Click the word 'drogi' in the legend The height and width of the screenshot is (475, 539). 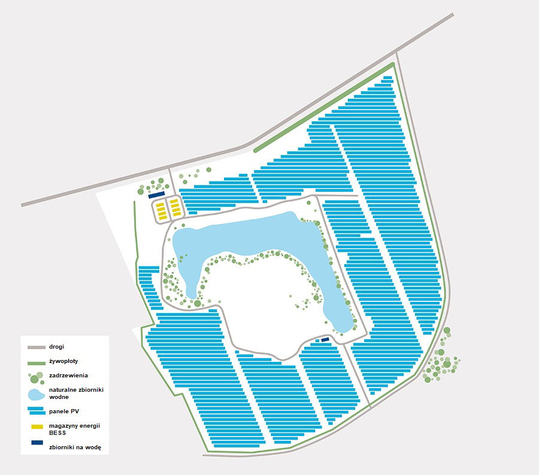click(x=57, y=347)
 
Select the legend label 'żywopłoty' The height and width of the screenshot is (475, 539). click(x=63, y=361)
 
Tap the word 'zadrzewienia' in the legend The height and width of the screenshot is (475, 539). click(x=68, y=376)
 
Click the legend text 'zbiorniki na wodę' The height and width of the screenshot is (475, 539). click(x=75, y=446)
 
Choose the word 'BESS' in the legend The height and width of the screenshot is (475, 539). click(x=58, y=431)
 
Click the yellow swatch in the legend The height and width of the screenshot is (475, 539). click(x=37, y=426)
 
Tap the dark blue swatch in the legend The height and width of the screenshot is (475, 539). click(x=37, y=443)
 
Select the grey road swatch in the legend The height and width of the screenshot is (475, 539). click(x=37, y=347)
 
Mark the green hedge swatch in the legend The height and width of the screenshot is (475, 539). click(x=37, y=362)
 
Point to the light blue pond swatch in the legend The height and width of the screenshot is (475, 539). click(x=36, y=394)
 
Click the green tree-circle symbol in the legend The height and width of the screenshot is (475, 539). click(x=36, y=377)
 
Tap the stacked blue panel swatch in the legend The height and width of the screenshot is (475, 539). click(x=37, y=410)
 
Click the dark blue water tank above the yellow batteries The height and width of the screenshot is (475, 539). click(x=156, y=195)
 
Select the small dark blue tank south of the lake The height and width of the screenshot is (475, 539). click(x=325, y=340)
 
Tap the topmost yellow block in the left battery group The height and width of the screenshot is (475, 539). click(x=161, y=204)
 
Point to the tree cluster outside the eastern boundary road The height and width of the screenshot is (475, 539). click(x=440, y=359)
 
